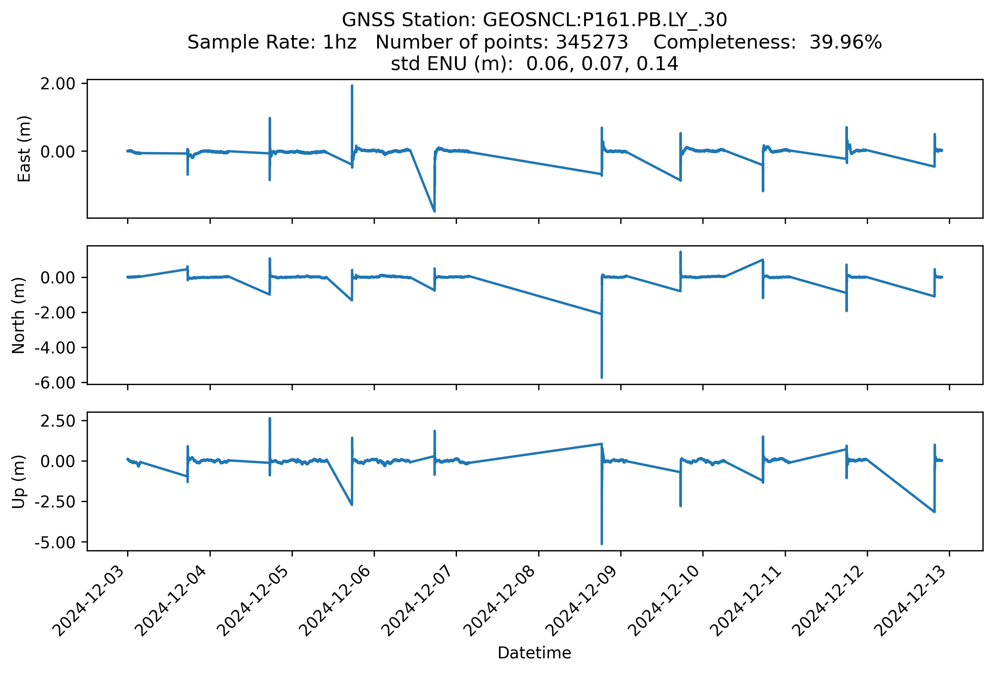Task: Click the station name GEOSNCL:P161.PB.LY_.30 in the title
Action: point(605,20)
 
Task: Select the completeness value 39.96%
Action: point(846,42)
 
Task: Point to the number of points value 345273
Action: point(591,42)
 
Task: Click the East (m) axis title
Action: point(24,149)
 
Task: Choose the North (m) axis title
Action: point(18,315)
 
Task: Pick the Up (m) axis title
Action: point(18,482)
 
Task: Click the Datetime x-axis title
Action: point(534,653)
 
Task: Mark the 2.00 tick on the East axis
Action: point(58,84)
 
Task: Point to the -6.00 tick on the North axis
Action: point(55,382)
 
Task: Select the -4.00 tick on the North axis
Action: point(55,347)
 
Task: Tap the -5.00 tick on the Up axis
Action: point(55,542)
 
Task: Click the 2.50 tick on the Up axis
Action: point(58,420)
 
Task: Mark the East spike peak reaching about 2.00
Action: point(352,86)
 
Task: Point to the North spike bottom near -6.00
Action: point(601,377)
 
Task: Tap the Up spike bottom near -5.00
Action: point(601,544)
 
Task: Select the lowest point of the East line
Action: point(434,211)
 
